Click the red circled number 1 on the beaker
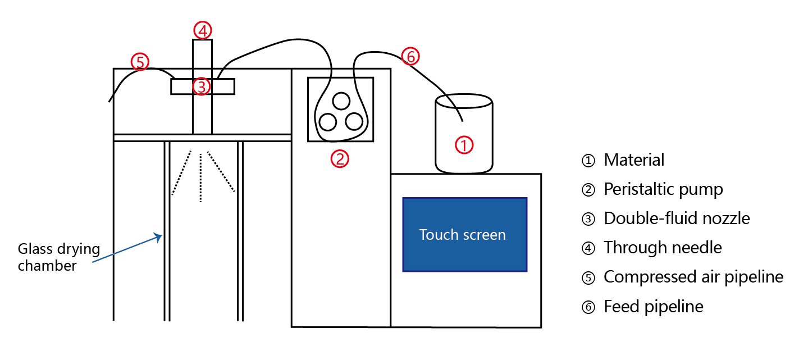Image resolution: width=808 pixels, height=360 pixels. pos(464,145)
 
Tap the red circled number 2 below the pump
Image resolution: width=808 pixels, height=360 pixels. pos(340,159)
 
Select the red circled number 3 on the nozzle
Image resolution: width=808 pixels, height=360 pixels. pos(202,86)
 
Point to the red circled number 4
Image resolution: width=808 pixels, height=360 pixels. pos(202,30)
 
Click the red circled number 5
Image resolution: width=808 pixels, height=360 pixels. pos(140,61)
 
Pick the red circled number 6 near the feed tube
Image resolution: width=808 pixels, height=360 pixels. pos(410,56)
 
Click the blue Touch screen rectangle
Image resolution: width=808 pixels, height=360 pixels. pos(464,235)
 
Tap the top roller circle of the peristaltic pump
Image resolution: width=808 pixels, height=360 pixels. pos(340,101)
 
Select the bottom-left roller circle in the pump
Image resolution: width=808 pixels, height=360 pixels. pos(327,121)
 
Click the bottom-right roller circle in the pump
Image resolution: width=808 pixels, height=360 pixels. pos(354,121)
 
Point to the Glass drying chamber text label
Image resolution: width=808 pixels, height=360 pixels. pos(51,257)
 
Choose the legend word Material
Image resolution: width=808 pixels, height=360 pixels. pos(634,160)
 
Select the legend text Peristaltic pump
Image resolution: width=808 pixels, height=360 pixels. pos(663,189)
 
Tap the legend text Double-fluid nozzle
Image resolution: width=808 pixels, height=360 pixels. pos(677,218)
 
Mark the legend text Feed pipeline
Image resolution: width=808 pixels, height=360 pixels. pos(653,307)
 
